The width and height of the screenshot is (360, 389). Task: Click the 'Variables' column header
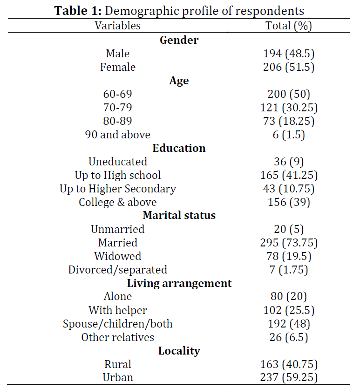tap(118, 26)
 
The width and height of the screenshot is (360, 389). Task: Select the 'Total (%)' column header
tap(289, 26)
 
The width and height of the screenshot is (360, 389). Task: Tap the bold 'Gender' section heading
tap(179, 40)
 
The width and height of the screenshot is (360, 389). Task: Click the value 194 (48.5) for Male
tap(289, 54)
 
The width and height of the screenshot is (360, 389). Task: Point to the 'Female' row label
tap(118, 67)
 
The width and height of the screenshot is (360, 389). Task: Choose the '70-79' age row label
tap(118, 108)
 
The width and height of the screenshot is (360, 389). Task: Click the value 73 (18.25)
tap(289, 121)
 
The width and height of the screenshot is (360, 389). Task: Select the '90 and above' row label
tap(118, 135)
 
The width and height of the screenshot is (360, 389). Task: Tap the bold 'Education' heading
tap(179, 148)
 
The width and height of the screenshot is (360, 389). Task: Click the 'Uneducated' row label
tap(118, 162)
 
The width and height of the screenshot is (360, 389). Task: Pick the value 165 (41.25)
tap(289, 175)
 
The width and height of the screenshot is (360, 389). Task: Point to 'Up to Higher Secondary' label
tap(118, 189)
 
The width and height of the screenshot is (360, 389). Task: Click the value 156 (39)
tap(289, 202)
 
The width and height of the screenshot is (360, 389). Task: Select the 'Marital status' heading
tap(179, 215)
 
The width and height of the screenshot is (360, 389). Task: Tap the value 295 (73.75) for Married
tap(289, 243)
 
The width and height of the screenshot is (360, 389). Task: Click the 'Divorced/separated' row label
tap(118, 270)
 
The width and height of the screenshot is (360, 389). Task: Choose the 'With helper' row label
tap(118, 310)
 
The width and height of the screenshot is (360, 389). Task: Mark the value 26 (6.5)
tap(289, 337)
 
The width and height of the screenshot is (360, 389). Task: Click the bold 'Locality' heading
tap(179, 351)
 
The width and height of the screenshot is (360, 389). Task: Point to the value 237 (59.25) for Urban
tap(289, 377)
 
